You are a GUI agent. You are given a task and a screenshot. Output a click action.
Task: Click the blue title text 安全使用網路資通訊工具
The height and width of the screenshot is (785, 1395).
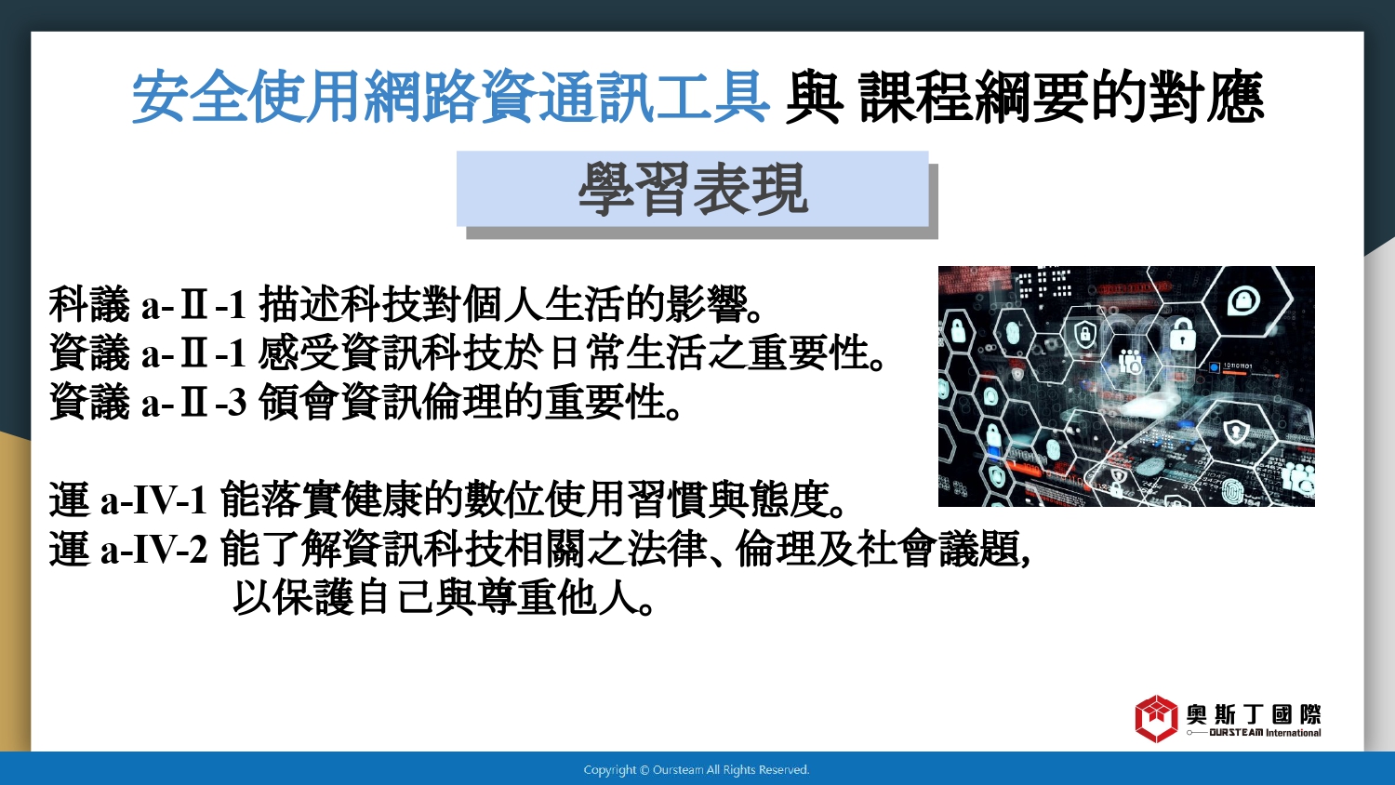[450, 97]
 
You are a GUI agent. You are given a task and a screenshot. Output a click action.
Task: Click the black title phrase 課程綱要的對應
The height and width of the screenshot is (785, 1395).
[1062, 97]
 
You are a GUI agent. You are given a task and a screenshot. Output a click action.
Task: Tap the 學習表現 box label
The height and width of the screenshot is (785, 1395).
[693, 189]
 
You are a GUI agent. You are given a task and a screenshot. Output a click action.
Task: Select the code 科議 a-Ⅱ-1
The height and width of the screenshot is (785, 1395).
[148, 305]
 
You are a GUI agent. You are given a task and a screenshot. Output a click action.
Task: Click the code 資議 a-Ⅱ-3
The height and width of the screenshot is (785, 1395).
[148, 402]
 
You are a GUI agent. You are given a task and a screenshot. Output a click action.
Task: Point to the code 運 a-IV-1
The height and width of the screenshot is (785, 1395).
[127, 499]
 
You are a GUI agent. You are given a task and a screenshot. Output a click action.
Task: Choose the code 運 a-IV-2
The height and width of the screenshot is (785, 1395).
[127, 549]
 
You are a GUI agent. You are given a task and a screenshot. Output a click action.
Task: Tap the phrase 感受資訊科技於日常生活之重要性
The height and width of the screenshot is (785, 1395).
[565, 353]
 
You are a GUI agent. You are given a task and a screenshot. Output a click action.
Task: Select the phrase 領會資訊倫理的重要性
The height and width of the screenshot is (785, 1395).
[463, 402]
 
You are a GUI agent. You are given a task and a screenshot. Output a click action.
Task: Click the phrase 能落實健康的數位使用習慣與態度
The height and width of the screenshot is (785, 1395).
[525, 499]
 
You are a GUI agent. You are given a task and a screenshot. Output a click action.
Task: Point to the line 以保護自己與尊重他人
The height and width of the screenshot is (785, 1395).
[435, 597]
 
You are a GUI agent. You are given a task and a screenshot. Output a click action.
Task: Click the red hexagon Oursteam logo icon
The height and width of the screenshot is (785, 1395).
[1156, 718]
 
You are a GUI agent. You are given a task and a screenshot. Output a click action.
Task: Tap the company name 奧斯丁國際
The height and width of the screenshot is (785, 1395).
[1253, 714]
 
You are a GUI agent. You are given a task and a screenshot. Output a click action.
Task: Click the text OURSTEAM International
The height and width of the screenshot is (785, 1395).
[1265, 733]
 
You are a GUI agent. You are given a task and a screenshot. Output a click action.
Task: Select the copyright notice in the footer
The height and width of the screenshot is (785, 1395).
[697, 770]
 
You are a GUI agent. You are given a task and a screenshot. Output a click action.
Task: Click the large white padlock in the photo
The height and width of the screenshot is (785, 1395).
[1181, 335]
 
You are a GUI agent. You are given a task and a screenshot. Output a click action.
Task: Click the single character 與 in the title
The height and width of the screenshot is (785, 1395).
[814, 97]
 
